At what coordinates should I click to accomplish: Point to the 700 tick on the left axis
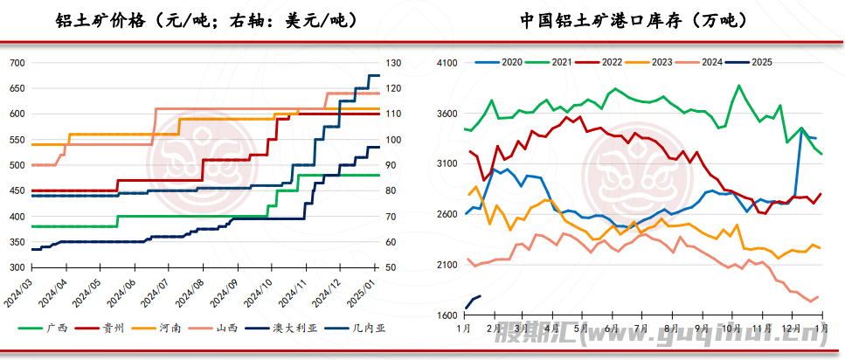pos(17,63)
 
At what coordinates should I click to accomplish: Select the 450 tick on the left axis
pos(17,190)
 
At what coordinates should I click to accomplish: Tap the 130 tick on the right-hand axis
pos(394,63)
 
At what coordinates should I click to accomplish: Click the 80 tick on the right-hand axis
pos(391,190)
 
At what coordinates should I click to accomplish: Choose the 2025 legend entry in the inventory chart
pos(759,62)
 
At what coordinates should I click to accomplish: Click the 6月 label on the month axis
pos(611,328)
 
